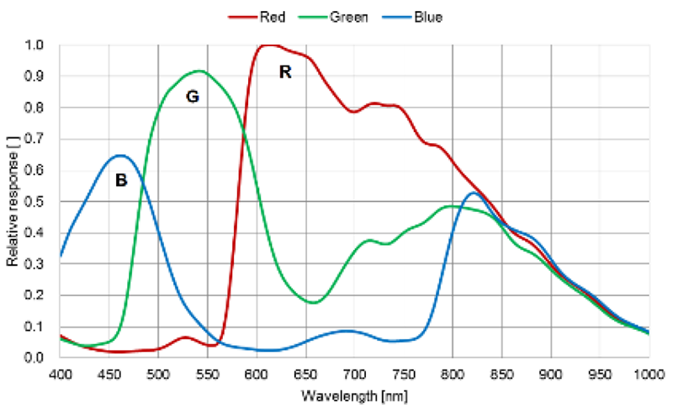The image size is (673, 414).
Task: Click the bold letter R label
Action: pos(285,72)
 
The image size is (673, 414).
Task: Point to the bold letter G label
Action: pos(192,97)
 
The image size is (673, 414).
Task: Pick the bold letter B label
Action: pos(120,180)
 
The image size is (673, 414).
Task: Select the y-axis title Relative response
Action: pos(13,200)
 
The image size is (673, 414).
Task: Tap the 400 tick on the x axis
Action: pos(61,373)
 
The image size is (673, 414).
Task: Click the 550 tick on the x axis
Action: pos(208,373)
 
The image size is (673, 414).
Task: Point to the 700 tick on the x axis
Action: pos(354,373)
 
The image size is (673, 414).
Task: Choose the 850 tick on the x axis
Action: pos(501,373)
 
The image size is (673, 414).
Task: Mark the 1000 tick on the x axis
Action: pos(648,373)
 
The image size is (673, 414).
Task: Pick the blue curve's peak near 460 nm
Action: pos(120,155)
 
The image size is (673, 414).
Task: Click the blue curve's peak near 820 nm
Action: pos(474,193)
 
